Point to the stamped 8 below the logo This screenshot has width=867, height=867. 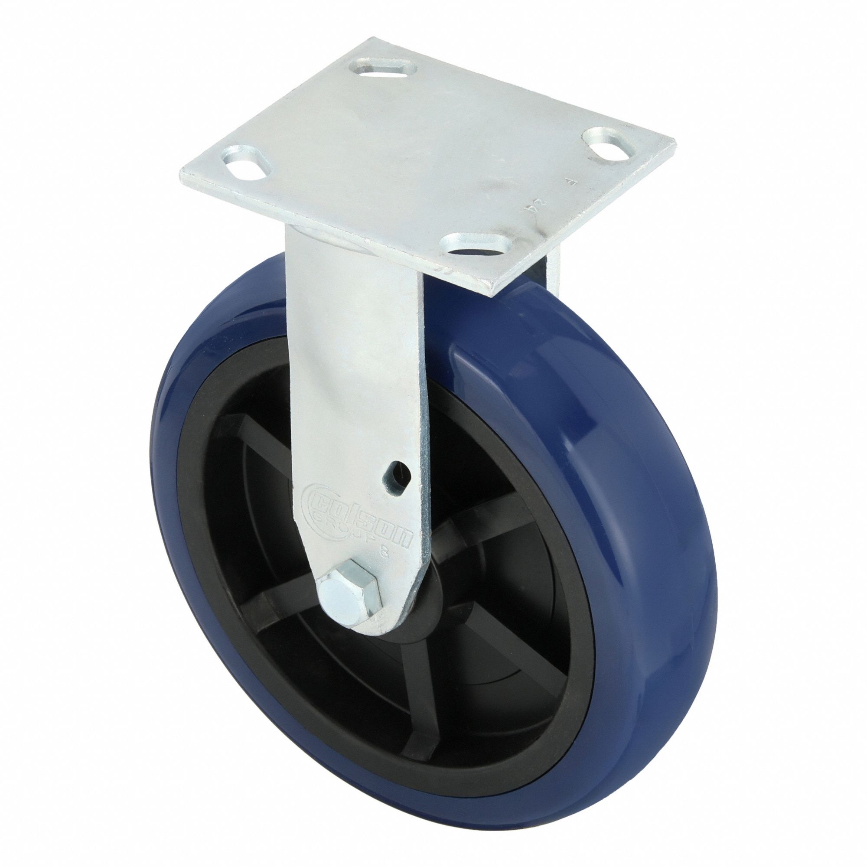384,553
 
